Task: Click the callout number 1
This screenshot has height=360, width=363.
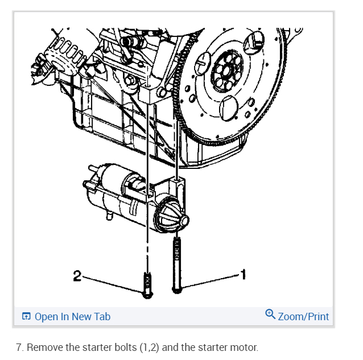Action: click(244, 275)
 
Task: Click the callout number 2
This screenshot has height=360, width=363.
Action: click(77, 276)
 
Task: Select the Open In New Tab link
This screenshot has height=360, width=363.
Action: click(72, 317)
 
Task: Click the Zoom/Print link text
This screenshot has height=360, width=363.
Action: click(303, 317)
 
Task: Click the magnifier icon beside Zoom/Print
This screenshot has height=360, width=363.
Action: click(270, 315)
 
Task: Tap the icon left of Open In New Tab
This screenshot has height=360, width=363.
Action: click(26, 317)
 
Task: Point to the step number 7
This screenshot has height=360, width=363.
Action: click(19, 347)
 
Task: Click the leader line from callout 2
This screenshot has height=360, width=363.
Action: click(111, 284)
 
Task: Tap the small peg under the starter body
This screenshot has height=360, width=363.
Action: click(106, 216)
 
